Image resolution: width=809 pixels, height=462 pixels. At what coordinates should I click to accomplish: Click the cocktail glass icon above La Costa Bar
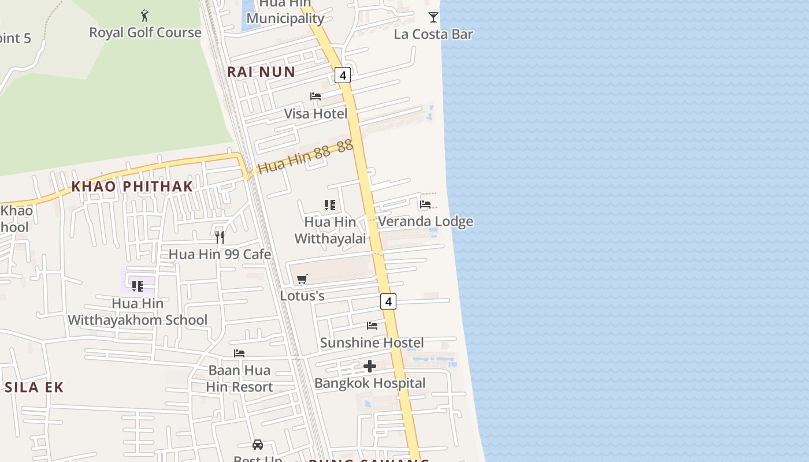click(x=433, y=17)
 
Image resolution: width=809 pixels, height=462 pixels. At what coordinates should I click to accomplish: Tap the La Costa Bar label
click(x=433, y=34)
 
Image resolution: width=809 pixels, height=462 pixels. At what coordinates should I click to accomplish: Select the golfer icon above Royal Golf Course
click(x=144, y=16)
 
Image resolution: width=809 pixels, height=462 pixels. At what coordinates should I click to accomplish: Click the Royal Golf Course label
click(x=145, y=32)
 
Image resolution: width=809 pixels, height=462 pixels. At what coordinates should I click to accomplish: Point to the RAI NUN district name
click(x=261, y=72)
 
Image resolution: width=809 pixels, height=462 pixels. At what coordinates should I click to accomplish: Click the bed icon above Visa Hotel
click(x=316, y=96)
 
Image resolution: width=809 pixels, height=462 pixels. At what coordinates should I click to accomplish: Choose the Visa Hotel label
click(x=316, y=114)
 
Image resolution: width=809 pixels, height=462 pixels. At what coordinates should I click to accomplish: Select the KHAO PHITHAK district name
click(x=132, y=187)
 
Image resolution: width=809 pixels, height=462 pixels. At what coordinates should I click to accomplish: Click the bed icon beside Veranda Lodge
click(x=425, y=204)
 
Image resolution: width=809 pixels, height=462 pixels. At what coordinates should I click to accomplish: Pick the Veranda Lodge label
click(x=425, y=221)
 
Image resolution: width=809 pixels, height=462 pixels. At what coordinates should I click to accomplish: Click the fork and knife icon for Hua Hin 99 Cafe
click(x=220, y=237)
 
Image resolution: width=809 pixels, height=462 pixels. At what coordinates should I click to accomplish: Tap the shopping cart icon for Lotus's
click(x=302, y=280)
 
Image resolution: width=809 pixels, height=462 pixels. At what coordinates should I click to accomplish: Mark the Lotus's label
click(x=302, y=296)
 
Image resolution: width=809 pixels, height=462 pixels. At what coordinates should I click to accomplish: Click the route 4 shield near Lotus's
click(x=388, y=301)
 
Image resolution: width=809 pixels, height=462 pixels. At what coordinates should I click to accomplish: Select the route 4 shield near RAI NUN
click(x=343, y=75)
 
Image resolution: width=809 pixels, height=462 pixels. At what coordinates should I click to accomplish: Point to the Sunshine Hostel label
click(x=372, y=342)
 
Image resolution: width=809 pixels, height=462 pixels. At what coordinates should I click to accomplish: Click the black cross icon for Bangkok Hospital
click(x=370, y=366)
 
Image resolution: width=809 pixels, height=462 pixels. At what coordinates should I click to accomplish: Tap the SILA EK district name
click(x=34, y=388)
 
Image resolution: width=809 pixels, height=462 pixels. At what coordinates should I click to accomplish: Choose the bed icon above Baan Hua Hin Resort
click(x=239, y=353)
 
